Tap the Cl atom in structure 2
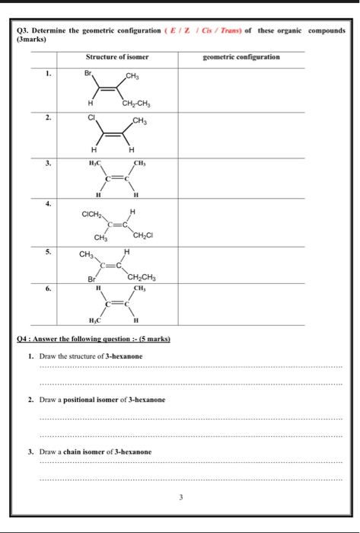[91, 119]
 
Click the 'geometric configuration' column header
[241, 57]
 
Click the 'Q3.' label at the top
[24, 31]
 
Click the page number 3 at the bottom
[181, 498]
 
